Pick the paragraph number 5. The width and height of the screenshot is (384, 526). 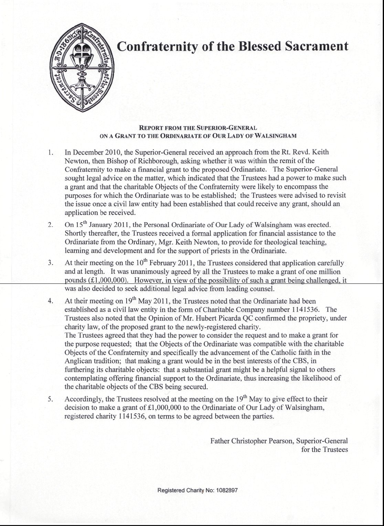click(50, 400)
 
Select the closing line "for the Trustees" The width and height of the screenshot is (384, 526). click(324, 450)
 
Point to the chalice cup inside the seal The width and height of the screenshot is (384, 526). click(82, 52)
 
